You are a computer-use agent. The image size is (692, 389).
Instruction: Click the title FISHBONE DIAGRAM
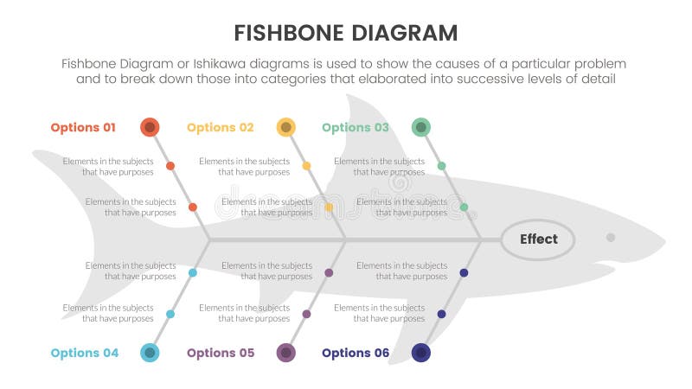pyautogui.click(x=346, y=33)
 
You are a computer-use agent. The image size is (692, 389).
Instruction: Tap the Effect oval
pyautogui.click(x=538, y=239)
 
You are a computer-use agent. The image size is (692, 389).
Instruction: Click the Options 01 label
pyautogui.click(x=83, y=127)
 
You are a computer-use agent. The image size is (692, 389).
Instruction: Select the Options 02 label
pyautogui.click(x=220, y=127)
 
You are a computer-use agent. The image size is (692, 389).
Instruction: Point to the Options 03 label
pyautogui.click(x=355, y=127)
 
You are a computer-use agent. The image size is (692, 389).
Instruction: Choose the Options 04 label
pyautogui.click(x=83, y=353)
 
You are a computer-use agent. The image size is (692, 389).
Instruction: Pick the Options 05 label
pyautogui.click(x=220, y=353)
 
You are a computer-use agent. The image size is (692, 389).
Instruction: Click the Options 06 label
pyautogui.click(x=355, y=353)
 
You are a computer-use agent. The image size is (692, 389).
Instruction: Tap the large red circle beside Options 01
pyautogui.click(x=150, y=128)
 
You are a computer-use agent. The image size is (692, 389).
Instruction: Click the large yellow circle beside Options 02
pyautogui.click(x=285, y=128)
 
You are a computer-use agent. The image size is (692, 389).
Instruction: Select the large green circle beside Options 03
pyautogui.click(x=420, y=128)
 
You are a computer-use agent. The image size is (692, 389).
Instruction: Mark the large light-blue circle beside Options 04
pyautogui.click(x=150, y=353)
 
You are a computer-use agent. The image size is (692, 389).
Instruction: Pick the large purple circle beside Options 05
pyautogui.click(x=285, y=353)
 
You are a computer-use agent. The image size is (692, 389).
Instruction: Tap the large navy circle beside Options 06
pyautogui.click(x=421, y=353)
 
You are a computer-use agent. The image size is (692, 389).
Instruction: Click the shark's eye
pyautogui.click(x=611, y=237)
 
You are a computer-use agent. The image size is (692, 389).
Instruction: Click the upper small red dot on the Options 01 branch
pyautogui.click(x=170, y=165)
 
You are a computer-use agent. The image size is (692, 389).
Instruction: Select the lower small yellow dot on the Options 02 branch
pyautogui.click(x=329, y=207)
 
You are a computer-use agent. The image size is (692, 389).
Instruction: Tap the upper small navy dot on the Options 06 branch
pyautogui.click(x=464, y=272)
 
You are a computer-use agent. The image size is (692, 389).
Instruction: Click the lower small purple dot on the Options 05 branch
pyautogui.click(x=306, y=314)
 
